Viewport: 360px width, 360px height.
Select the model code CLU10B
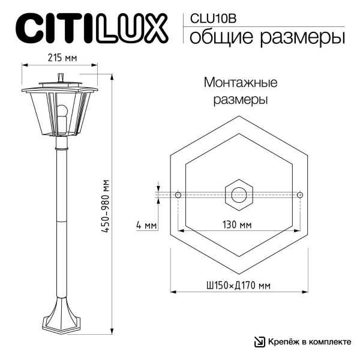(212, 18)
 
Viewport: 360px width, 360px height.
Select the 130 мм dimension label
(238, 225)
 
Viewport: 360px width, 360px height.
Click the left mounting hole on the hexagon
(178, 195)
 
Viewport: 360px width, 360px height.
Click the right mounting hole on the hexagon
(300, 195)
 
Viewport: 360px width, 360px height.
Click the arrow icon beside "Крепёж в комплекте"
(259, 342)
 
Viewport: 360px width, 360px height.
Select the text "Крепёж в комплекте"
(309, 342)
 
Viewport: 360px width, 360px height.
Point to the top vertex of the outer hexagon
(239, 115)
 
